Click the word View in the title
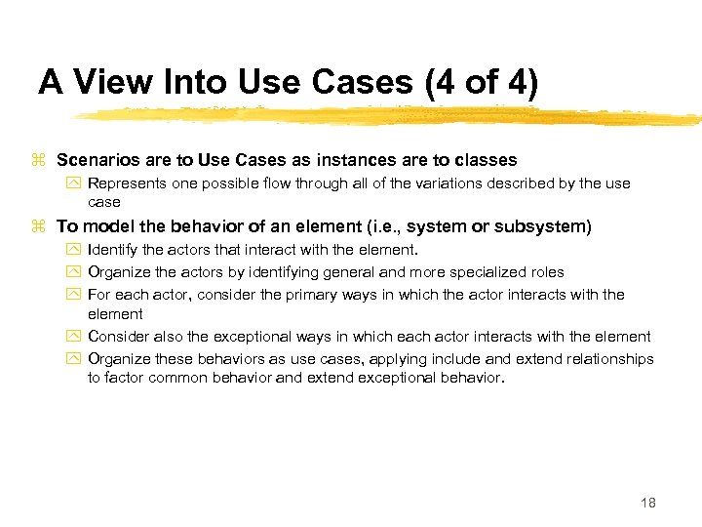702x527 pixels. tap(110, 82)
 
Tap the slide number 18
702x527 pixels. tap(648, 503)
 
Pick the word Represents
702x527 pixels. tap(128, 183)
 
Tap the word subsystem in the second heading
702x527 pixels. tap(540, 226)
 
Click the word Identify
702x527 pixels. tap(110, 251)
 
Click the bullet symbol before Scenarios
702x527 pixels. tap(39, 160)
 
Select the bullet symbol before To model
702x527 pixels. tap(39, 227)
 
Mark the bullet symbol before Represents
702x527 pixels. tap(74, 183)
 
